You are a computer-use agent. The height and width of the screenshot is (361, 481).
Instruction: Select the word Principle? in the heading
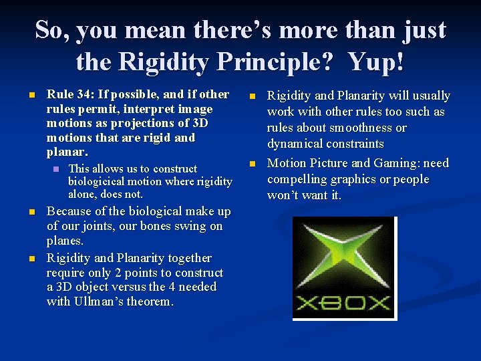[267, 62]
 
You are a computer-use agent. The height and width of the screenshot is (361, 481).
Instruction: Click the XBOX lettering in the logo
[343, 303]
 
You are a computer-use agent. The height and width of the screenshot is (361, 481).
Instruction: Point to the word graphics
[355, 179]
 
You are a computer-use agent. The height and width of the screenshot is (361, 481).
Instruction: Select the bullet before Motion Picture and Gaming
[253, 164]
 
